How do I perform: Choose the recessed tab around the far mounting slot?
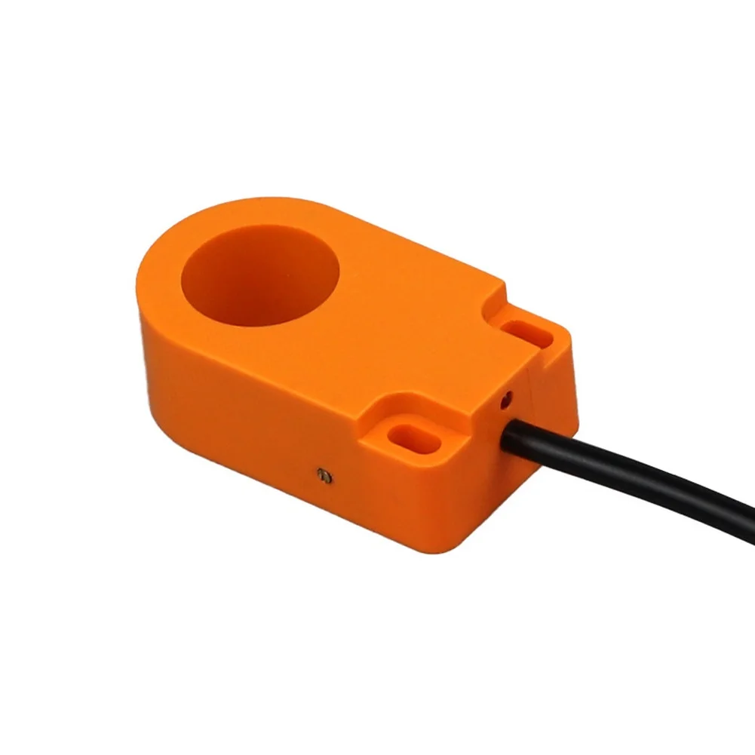[x=532, y=336]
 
